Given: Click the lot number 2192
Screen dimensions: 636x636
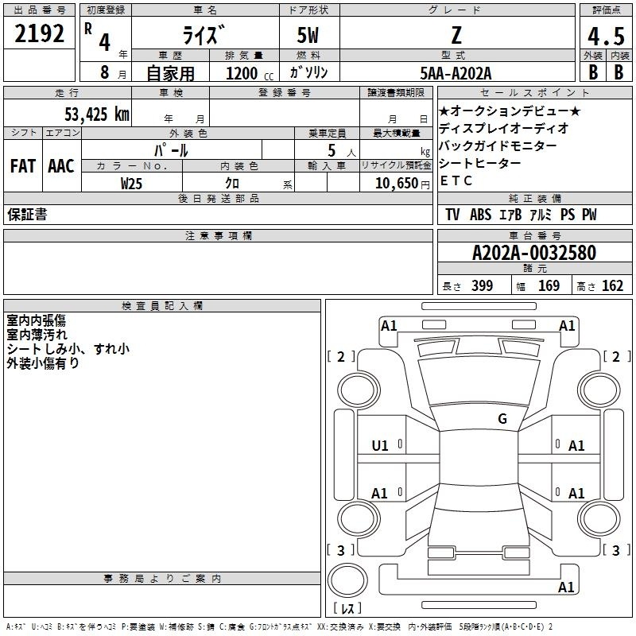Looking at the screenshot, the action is (39, 33).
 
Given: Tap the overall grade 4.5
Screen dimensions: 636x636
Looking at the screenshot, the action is (606, 36).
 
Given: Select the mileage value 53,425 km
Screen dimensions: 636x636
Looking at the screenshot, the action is (97, 114).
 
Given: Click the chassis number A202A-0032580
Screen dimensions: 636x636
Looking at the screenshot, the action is (534, 253).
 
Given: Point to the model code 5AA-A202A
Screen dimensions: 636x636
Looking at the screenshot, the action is (456, 73).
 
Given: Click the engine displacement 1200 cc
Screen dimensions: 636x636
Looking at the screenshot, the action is (250, 73).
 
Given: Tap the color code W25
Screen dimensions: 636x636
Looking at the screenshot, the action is (131, 184).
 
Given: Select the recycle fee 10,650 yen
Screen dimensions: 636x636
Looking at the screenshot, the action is (402, 184).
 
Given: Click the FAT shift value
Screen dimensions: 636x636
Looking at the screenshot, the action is (23, 166).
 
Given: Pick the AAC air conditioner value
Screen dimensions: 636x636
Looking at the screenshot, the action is (61, 166).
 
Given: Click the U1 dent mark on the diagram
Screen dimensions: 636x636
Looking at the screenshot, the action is (380, 446).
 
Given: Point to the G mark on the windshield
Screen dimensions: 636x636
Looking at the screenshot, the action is (502, 419).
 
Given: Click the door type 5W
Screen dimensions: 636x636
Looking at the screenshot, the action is (308, 35).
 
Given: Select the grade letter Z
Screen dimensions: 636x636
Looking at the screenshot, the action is (456, 35).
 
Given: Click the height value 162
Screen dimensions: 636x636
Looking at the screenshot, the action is (612, 285).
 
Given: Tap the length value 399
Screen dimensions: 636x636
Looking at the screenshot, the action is (483, 285).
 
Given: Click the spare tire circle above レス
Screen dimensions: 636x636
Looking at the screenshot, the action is (347, 580).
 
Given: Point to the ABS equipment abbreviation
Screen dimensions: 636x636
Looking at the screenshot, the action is (481, 215).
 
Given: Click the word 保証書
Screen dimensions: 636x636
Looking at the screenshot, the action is (27, 215).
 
